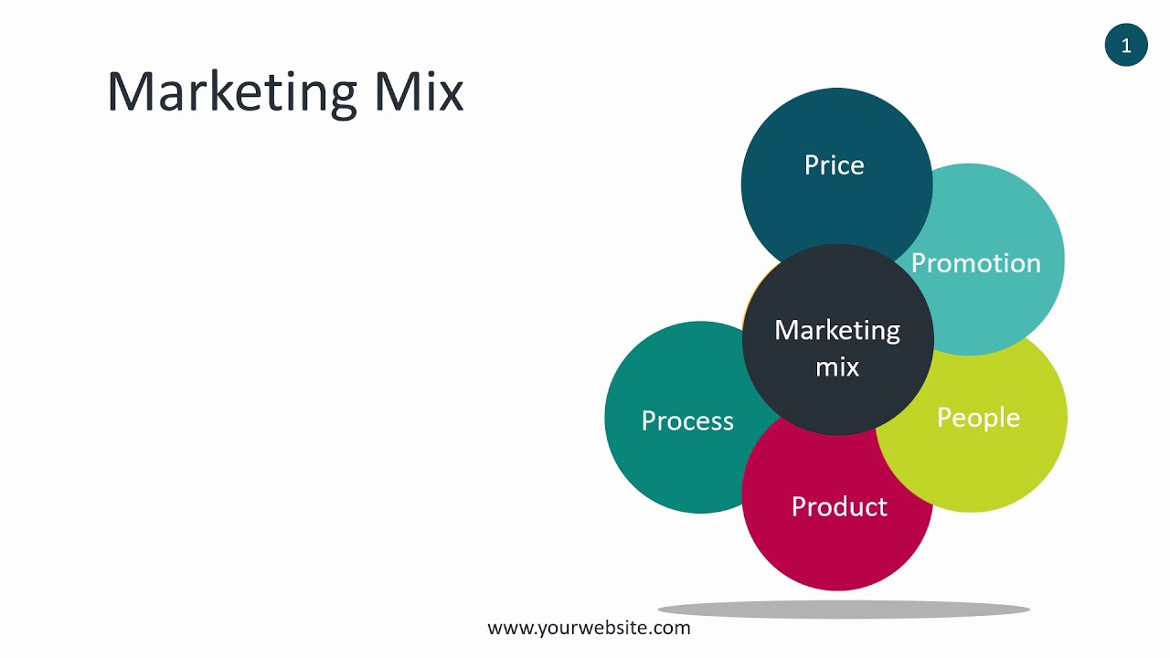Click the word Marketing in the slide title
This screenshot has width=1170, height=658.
[231, 91]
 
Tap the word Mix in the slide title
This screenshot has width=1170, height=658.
[418, 91]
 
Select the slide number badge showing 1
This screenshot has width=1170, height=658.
[1126, 45]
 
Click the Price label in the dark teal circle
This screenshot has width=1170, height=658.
[834, 165]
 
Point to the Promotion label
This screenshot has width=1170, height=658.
[976, 263]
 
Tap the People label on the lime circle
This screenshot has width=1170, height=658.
[978, 418]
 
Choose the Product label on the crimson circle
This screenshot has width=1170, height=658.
[839, 507]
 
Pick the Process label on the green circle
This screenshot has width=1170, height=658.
[687, 420]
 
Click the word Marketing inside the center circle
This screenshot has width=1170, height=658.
[837, 330]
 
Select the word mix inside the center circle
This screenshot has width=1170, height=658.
[837, 366]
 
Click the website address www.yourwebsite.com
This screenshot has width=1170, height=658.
[590, 628]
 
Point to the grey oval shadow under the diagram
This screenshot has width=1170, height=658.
[844, 609]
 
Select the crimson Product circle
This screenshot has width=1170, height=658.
[837, 553]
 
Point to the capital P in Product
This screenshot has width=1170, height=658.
[799, 507]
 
